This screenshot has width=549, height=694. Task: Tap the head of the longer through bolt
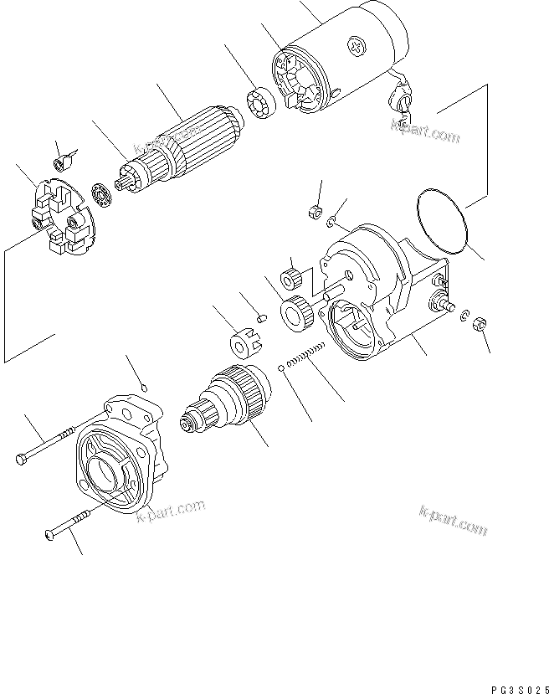tap(22, 458)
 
